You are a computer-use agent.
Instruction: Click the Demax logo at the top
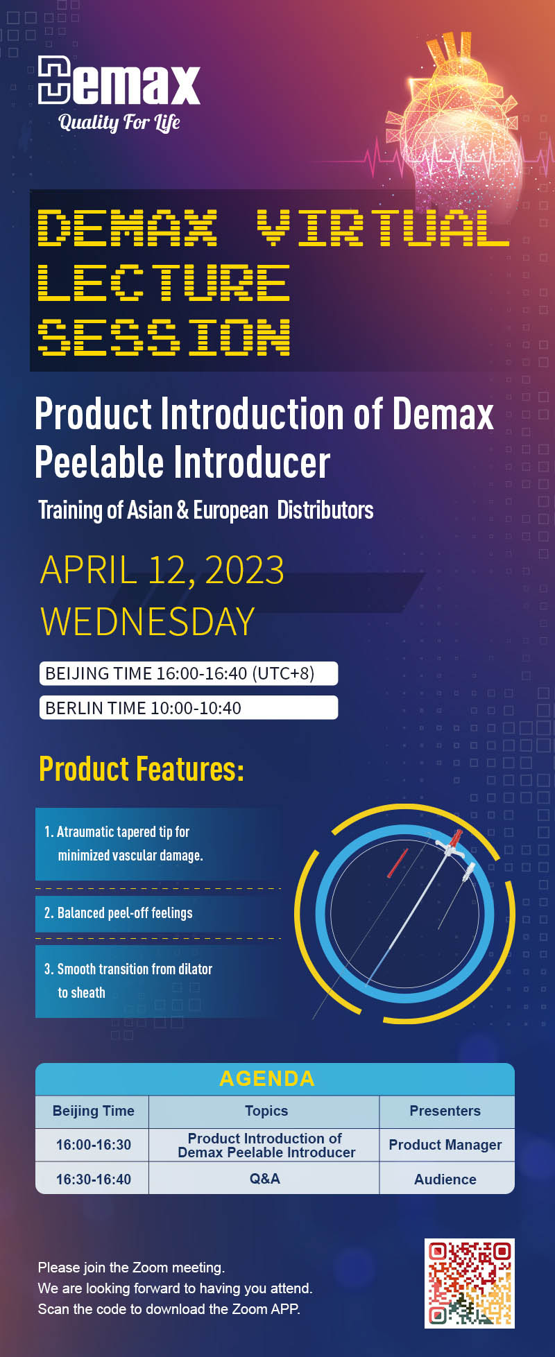119,80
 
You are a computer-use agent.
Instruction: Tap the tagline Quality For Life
119,123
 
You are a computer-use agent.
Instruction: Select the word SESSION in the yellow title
164,338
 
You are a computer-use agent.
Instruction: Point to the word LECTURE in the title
164,282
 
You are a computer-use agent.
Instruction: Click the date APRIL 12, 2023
162,570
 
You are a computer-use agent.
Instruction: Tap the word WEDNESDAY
148,621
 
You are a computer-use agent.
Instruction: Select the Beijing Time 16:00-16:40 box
189,673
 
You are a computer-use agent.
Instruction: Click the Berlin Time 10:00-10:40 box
189,708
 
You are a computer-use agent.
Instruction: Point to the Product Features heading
142,769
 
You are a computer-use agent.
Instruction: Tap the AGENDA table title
267,1078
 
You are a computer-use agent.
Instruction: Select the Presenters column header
445,1111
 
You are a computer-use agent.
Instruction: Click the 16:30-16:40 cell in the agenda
93,1179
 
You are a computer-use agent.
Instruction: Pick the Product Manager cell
445,1145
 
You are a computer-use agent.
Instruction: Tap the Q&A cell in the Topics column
264,1179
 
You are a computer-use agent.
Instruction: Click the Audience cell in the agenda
445,1179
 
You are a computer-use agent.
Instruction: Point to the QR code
470,1283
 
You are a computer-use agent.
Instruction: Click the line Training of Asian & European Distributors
205,510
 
